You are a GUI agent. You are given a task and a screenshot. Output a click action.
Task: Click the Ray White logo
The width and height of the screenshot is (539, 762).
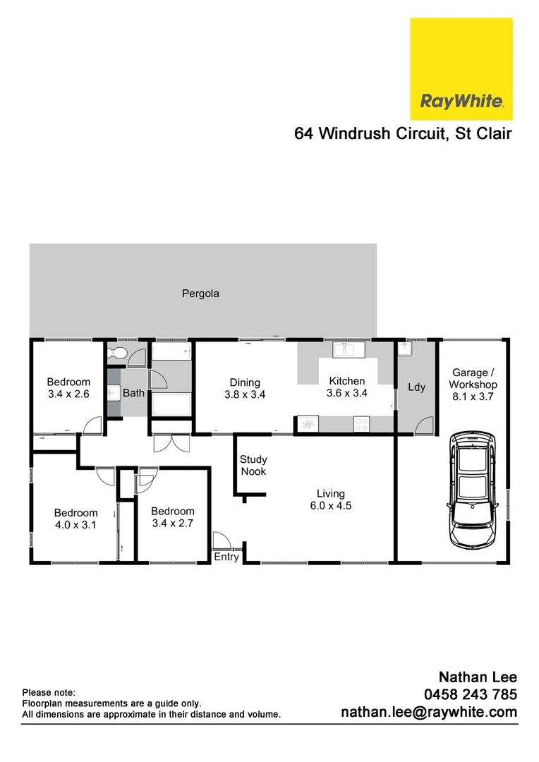461,69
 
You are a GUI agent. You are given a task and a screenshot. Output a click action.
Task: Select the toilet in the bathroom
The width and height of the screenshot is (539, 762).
118,354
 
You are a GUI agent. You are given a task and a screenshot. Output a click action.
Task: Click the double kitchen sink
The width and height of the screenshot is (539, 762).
348,349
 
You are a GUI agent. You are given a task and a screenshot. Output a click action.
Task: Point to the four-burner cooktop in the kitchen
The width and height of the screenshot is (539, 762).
361,424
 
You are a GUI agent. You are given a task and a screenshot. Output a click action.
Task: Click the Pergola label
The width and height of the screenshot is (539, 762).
200,294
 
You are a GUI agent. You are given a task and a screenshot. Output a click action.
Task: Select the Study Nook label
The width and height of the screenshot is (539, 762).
253,465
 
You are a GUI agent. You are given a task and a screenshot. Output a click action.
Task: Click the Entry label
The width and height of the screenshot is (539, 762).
227,557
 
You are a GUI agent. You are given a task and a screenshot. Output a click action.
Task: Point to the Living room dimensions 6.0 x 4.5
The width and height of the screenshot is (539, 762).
330,505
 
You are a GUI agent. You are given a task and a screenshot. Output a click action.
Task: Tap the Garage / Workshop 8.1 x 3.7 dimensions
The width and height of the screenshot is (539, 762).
473,397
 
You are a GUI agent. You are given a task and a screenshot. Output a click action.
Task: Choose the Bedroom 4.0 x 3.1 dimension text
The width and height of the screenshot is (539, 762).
76,524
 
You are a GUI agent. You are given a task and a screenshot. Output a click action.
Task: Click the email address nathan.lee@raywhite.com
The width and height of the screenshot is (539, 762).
429,713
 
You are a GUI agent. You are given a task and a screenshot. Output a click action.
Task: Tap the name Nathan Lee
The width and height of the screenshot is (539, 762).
478,677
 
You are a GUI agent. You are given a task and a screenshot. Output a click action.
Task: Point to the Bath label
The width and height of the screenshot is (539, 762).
133,393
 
